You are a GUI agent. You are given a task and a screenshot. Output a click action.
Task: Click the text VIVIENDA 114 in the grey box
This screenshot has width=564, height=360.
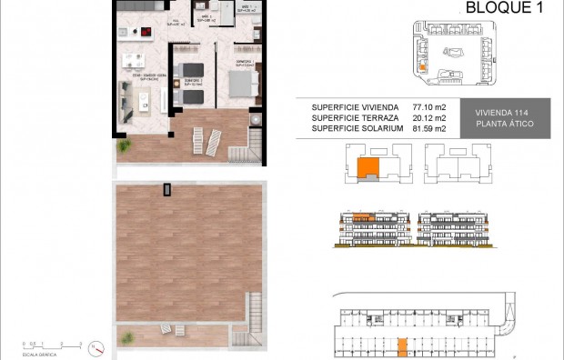pyautogui.click(x=505, y=113)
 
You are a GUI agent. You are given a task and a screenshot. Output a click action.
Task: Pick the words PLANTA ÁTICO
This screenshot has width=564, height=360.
pyautogui.click(x=505, y=124)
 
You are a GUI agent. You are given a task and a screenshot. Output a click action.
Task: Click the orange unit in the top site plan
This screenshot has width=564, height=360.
pyautogui.click(x=422, y=65)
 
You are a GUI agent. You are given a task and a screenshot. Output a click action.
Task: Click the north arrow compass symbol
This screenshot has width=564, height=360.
pyautogui.click(x=100, y=349)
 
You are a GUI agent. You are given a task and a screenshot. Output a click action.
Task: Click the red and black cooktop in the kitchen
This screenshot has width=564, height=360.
pyautogui.click(x=145, y=35)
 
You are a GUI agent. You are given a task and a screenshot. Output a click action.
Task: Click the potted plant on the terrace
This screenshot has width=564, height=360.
pyautogui.click(x=122, y=145)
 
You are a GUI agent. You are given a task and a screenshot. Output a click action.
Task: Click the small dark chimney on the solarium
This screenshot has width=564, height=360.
pyautogui.click(x=166, y=189)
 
